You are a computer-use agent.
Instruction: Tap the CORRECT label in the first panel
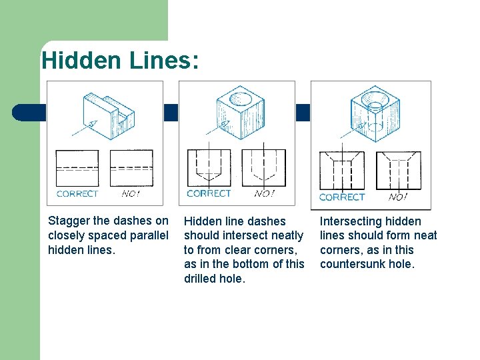point(77,194)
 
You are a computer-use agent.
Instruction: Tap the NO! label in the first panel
point(131,194)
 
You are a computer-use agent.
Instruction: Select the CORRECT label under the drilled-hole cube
point(209,193)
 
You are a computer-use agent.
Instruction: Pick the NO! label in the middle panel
point(264,193)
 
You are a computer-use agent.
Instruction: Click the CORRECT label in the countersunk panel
point(341,197)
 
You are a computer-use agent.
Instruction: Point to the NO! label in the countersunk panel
point(398,197)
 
